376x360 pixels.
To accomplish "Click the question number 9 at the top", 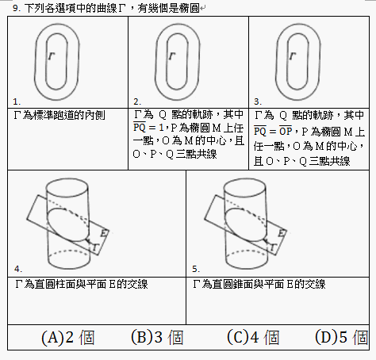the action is click(17, 8).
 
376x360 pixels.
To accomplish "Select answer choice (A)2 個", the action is click(68, 338).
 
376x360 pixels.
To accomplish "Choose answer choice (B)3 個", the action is click(157, 337).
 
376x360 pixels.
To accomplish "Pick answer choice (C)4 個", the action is click(253, 337).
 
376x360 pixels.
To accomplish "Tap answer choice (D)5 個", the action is click(341, 337).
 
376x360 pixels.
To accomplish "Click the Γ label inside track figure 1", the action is click(52, 56).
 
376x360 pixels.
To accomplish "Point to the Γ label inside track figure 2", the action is click(172, 56).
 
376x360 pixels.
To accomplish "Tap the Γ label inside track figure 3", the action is click(293, 56).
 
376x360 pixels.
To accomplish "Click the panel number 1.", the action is click(17, 101).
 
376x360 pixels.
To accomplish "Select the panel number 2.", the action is click(137, 101).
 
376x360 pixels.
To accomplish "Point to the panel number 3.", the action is click(258, 101).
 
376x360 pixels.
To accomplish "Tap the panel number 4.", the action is click(18, 269).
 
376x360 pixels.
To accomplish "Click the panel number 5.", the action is click(196, 269).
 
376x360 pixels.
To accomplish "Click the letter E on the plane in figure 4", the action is click(105, 233).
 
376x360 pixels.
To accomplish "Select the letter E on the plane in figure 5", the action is click(282, 233).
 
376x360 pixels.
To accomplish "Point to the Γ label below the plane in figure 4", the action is click(95, 247).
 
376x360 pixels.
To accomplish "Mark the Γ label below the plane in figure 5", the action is click(273, 247).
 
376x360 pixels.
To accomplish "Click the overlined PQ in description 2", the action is click(140, 127).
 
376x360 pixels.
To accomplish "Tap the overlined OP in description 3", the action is click(286, 131).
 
